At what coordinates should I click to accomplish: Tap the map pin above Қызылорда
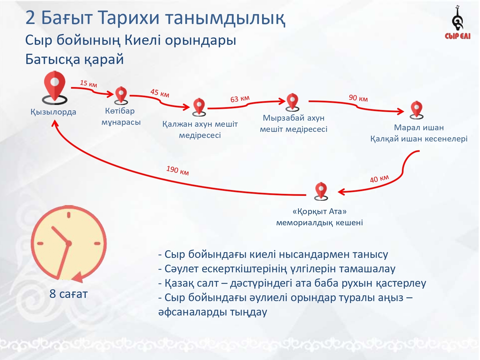coord(55,87)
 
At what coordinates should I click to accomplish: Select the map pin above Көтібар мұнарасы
coord(121,96)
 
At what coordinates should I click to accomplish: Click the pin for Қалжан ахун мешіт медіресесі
coord(199,107)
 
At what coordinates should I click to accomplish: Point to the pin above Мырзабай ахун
coord(292,102)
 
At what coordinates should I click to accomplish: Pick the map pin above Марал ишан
coord(417,110)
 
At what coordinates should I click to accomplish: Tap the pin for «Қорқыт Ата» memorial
coord(321,191)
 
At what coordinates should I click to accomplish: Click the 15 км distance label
coord(88,84)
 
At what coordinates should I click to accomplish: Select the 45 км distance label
coord(160,93)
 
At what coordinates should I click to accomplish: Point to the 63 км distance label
coord(240,99)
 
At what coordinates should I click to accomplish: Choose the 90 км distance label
coord(358,98)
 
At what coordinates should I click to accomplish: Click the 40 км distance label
coord(380,179)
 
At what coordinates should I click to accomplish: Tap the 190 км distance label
coord(178,171)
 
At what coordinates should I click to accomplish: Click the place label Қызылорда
coord(53,112)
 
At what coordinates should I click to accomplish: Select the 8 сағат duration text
coord(68,294)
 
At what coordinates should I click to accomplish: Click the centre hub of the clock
coord(68,243)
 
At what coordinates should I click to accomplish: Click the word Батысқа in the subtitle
coord(53,60)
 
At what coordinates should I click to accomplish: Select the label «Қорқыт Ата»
coord(319,212)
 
